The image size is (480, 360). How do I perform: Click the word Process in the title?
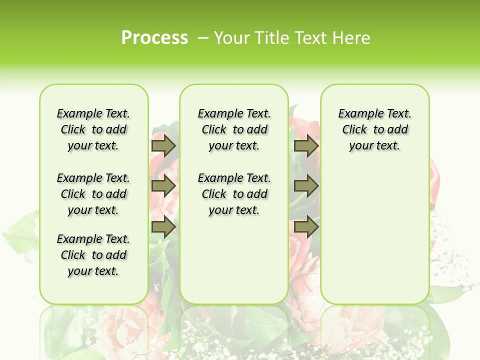click(x=154, y=38)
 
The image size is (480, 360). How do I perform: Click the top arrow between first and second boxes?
click(x=163, y=145)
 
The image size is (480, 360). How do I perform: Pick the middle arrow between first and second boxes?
click(x=163, y=186)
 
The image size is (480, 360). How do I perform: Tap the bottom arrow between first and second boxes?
click(x=163, y=227)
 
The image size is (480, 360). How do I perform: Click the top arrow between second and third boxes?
click(x=306, y=145)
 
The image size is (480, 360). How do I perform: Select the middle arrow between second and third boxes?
click(x=306, y=186)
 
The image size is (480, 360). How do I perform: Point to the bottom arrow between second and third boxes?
click(x=306, y=227)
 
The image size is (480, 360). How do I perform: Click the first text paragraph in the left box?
click(x=93, y=129)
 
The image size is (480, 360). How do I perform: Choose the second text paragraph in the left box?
click(x=93, y=194)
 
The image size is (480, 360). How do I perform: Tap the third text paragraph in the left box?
click(x=93, y=255)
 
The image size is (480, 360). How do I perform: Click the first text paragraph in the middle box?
click(x=234, y=129)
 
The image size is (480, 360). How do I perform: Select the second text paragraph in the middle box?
click(x=234, y=194)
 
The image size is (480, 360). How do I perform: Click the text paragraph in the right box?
click(x=374, y=129)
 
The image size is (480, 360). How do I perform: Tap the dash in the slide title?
click(x=203, y=38)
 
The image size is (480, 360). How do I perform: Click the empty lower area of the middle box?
click(x=234, y=260)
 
